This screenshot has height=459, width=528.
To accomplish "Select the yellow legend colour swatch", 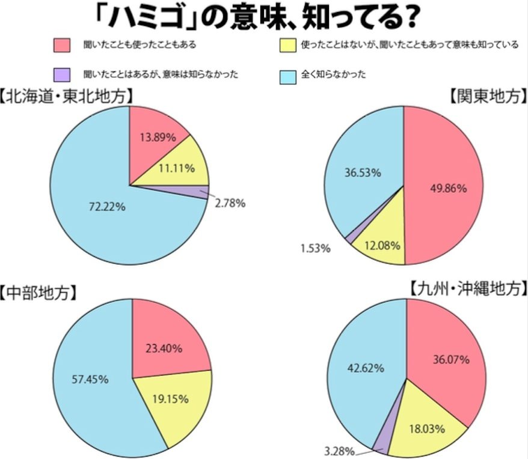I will click(289, 45).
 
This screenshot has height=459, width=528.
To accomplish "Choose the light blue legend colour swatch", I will click(289, 75).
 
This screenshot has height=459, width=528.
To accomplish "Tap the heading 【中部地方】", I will click(38, 293).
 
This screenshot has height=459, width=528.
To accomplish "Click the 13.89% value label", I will click(157, 137).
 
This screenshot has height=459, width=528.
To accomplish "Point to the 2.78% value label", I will click(230, 203).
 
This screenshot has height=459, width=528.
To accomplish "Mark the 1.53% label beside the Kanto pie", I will click(316, 247).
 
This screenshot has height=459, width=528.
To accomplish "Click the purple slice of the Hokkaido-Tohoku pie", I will click(201, 192).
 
